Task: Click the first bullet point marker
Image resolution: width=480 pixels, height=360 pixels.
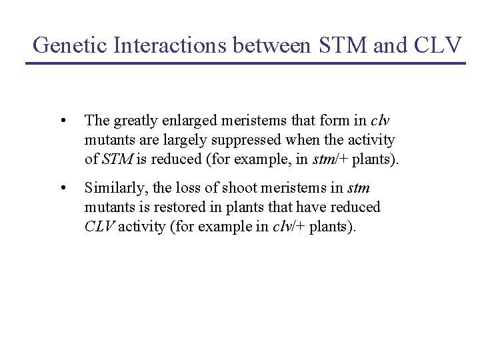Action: pos(62,121)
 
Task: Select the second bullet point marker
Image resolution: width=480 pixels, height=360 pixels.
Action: pos(62,188)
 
